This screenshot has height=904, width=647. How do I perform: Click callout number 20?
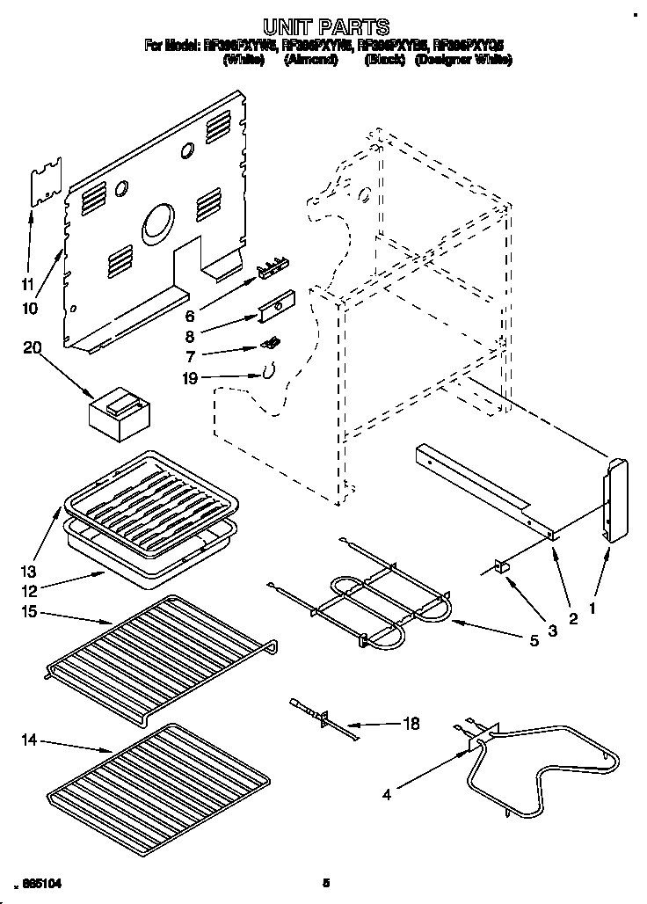pyautogui.click(x=33, y=349)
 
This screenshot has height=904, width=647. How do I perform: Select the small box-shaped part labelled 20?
pyautogui.click(x=119, y=412)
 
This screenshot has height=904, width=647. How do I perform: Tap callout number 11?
pyautogui.click(x=28, y=283)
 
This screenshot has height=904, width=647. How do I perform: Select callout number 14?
pyautogui.click(x=28, y=742)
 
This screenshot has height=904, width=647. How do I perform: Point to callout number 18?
pyautogui.click(x=410, y=724)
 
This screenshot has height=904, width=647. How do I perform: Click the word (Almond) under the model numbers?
pyautogui.click(x=312, y=61)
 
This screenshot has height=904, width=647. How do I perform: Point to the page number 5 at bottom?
pyautogui.click(x=326, y=882)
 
